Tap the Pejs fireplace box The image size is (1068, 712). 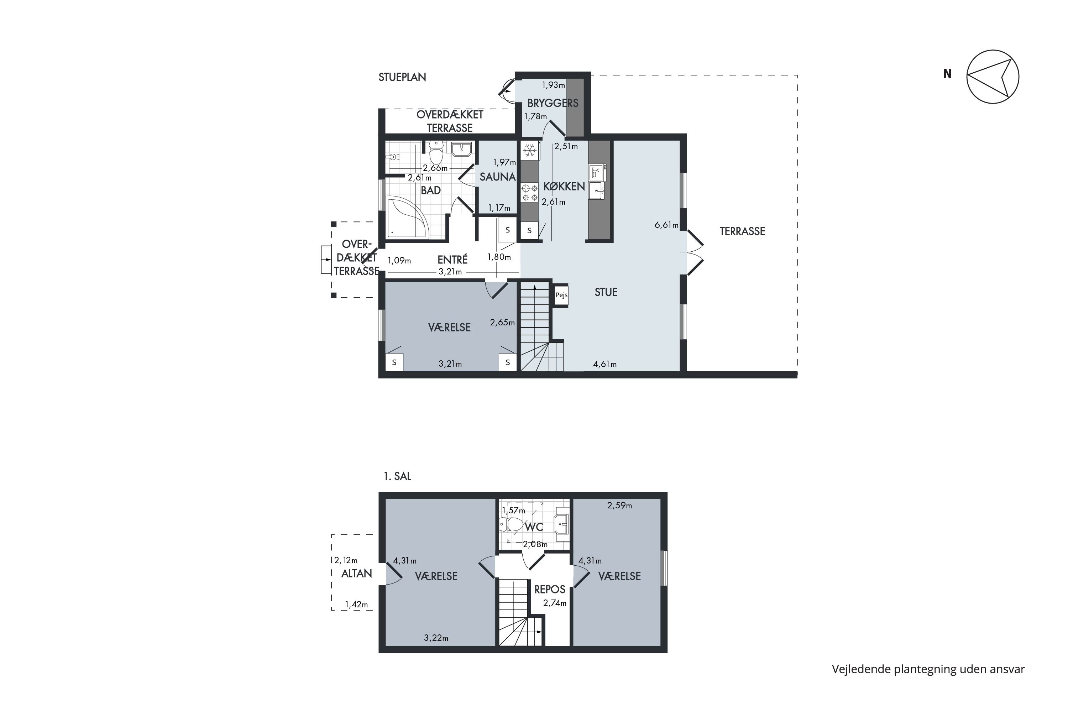561,295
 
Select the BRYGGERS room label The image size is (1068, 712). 553,103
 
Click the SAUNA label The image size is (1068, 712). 498,177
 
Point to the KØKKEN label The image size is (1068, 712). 564,186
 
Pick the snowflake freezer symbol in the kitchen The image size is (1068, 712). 529,150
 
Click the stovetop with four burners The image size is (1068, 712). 529,192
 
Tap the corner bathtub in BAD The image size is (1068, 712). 407,218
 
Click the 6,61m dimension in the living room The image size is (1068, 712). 666,225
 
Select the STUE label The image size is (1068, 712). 606,292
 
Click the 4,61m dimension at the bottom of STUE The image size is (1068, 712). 605,364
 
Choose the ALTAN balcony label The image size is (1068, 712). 356,574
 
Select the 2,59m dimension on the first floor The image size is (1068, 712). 619,506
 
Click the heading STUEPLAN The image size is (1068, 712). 402,77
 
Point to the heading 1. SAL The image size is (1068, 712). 397,476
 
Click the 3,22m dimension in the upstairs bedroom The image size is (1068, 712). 436,638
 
